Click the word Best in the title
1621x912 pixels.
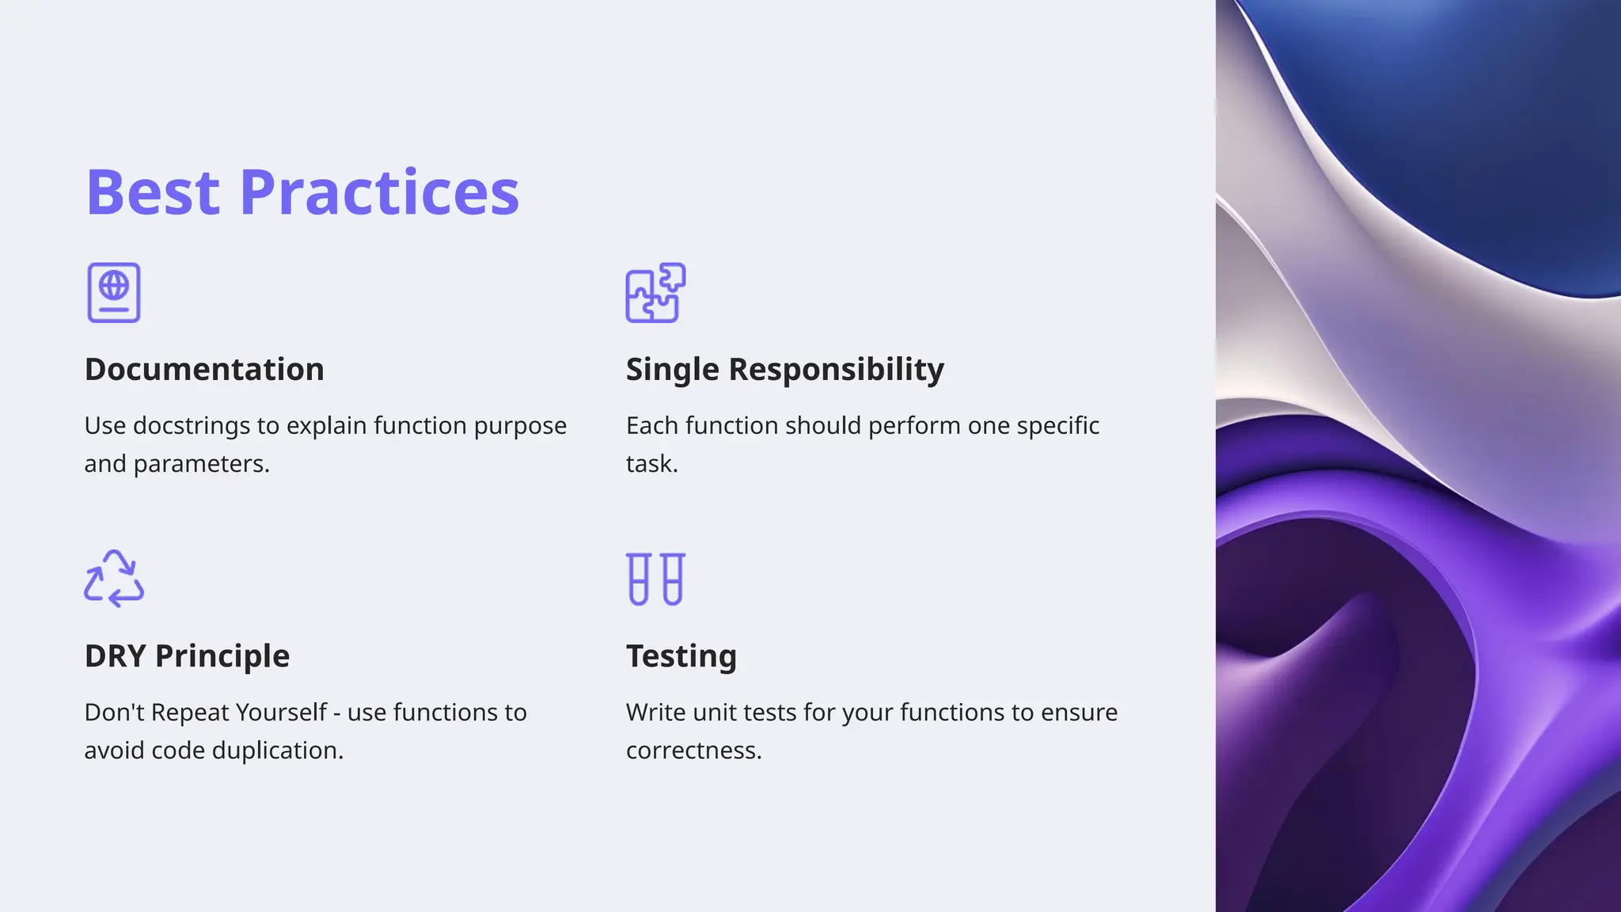[152, 192]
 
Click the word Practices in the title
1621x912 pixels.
[379, 192]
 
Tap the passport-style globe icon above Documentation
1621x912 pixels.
[114, 293]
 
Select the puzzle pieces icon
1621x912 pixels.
[655, 293]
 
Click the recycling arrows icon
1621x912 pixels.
[114, 579]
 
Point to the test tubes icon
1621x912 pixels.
[655, 579]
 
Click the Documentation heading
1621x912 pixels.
[204, 370]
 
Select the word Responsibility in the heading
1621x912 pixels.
[836, 370]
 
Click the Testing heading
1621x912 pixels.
[681, 656]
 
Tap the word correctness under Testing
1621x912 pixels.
[693, 750]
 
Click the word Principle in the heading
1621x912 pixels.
[222, 656]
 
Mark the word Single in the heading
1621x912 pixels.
[672, 370]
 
